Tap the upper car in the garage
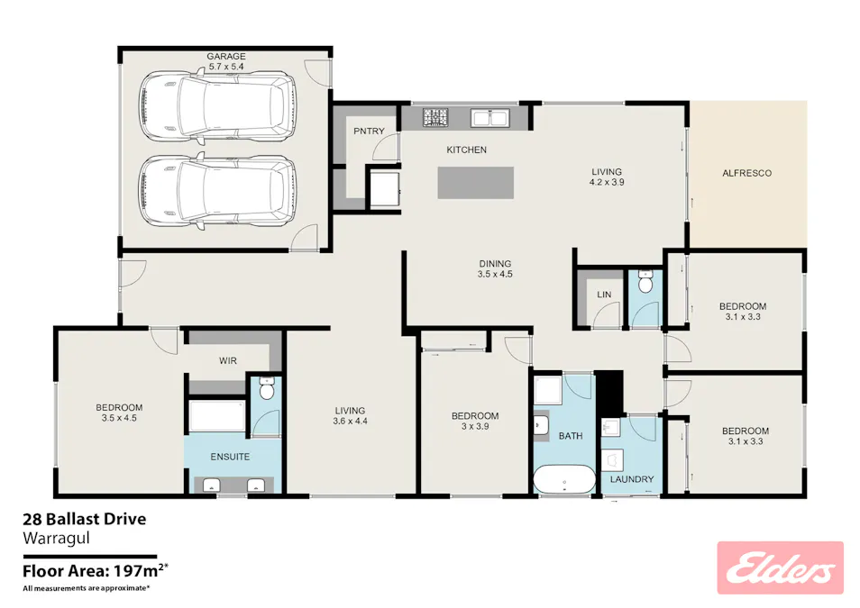point(217,105)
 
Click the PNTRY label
point(369,131)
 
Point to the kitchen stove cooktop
point(435,117)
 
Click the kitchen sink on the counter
point(489,117)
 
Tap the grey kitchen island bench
point(475,183)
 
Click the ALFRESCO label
point(746,173)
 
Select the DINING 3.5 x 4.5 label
point(495,268)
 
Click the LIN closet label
point(604,295)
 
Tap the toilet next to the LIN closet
point(645,281)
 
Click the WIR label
point(227,360)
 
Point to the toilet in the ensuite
point(267,388)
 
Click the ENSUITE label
point(230,457)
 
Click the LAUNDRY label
point(632,479)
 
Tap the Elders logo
point(780,568)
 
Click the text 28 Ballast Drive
point(85,519)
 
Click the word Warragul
point(56,539)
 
